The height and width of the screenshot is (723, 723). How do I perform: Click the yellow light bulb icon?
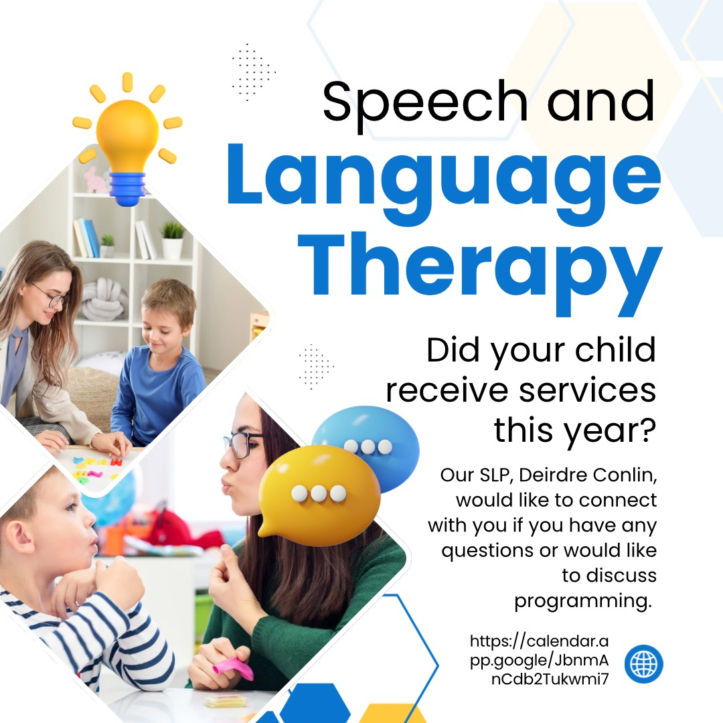(x=127, y=139)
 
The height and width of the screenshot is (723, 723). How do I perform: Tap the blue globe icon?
(x=644, y=664)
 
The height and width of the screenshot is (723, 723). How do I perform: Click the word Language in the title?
(x=444, y=185)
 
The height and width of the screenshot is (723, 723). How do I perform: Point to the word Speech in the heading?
(x=425, y=103)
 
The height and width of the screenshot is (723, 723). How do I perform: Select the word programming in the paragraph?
(x=583, y=601)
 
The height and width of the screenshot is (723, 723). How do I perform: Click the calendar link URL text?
(x=539, y=660)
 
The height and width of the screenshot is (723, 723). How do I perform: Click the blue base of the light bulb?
(x=127, y=189)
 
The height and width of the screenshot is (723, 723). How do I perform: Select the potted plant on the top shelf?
(x=173, y=240)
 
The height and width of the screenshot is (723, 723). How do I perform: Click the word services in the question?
(x=588, y=390)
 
